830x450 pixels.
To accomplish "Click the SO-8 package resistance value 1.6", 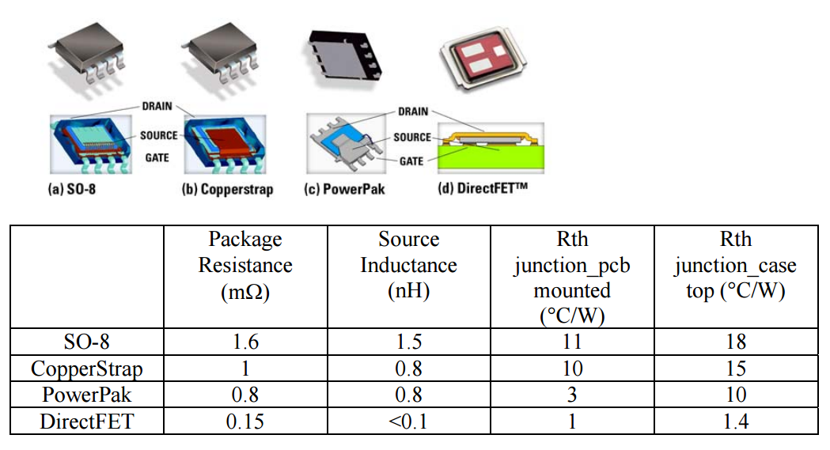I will tap(245, 342).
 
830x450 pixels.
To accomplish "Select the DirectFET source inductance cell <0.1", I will tap(408, 422).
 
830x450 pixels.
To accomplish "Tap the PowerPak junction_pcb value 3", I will tap(571, 395).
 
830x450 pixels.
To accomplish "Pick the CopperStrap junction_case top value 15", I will tap(735, 369).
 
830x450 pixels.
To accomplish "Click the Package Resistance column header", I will tap(245, 266).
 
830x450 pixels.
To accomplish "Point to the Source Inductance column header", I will tap(408, 266).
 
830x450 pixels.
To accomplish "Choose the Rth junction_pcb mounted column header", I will tap(571, 278).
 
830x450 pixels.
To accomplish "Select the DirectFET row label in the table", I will tap(87, 422).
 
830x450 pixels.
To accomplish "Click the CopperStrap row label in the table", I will tap(87, 369).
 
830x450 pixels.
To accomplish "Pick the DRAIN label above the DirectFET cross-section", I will tap(413, 112).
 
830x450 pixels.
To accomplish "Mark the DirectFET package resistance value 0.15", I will tap(245, 422).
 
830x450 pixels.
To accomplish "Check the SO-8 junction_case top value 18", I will tap(735, 342).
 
